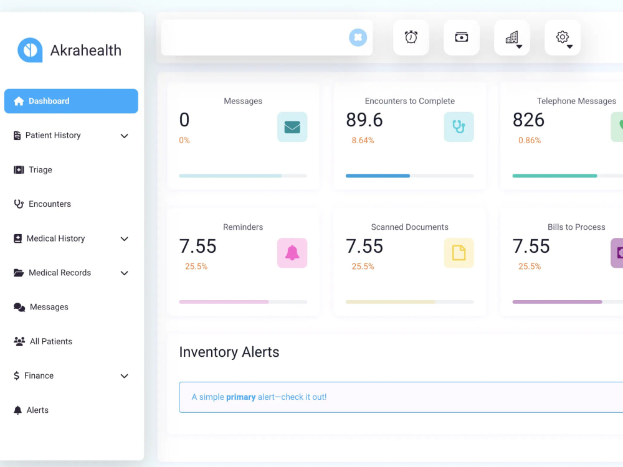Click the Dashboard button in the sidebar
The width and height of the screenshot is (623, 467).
pos(71,101)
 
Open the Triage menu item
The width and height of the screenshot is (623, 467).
pos(33,169)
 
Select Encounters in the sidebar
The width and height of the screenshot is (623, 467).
pos(42,204)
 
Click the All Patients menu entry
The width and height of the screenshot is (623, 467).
pos(43,341)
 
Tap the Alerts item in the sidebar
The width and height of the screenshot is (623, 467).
pos(31,410)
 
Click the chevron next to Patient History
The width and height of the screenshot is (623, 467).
pos(125,136)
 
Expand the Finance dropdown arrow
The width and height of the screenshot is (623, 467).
pos(125,376)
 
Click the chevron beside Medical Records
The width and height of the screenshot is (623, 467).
pos(125,273)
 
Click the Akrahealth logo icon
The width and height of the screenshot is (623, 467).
pos(30,50)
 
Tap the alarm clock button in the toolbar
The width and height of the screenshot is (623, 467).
pos(411,37)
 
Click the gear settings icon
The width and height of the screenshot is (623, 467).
pos(563,37)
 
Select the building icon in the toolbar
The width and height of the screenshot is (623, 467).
pos(512,37)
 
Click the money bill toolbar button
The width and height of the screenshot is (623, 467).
pos(461,37)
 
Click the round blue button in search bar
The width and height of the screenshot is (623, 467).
pos(358,37)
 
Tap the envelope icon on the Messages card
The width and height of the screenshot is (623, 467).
pos(292,127)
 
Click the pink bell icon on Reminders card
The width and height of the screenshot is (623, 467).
pos(292,253)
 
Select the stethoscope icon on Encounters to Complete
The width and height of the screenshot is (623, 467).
pos(459,127)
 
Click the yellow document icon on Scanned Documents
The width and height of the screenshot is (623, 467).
pos(459,253)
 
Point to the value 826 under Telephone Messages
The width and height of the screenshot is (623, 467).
pos(528,120)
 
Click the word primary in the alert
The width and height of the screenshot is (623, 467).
pos(240,397)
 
